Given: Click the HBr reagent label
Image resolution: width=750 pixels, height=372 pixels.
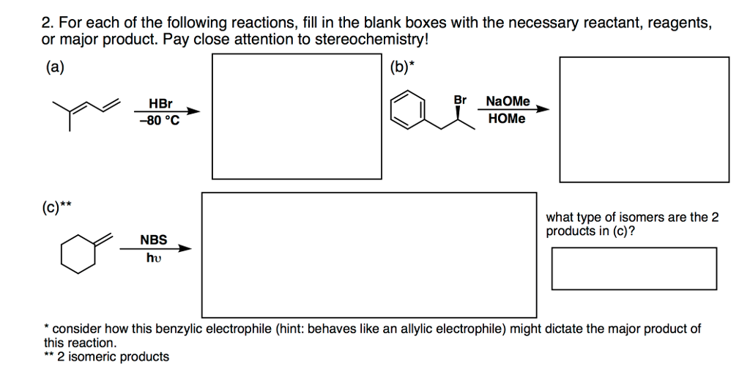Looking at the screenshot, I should coord(160,104).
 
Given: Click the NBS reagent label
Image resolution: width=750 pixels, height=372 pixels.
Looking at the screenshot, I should coord(154,239).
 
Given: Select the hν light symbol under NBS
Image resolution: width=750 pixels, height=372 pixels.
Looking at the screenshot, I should coord(153,257).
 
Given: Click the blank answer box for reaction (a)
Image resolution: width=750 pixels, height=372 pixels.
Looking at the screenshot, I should coord(297,115).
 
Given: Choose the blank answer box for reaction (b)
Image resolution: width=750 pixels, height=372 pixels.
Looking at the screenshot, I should coord(644,119).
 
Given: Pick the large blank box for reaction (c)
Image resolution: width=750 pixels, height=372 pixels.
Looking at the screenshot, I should coord(369,254).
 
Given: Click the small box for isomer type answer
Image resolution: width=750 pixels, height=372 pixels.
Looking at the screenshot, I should coord(634,268).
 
